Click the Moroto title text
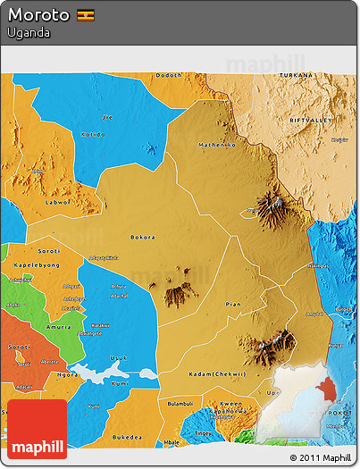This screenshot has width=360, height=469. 38,15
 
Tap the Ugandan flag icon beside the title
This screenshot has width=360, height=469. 87,15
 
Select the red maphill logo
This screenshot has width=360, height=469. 37,430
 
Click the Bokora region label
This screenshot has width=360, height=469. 143,237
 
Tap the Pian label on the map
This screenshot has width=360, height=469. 233,304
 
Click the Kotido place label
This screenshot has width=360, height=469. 94,134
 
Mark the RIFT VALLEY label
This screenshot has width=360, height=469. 311,119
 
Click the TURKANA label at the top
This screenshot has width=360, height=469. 297,75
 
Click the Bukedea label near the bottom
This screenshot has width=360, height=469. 127,437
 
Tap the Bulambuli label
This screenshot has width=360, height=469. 180,404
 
